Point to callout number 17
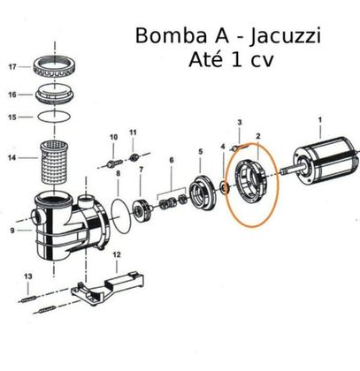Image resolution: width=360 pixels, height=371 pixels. pyautogui.click(x=11, y=67)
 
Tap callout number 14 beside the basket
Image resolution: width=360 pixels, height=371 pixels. pyautogui.click(x=11, y=158)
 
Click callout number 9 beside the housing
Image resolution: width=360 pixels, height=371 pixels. pyautogui.click(x=11, y=231)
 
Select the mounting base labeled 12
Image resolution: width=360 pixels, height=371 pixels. pyautogui.click(x=111, y=287)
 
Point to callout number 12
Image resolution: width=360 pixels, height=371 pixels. pyautogui.click(x=115, y=255)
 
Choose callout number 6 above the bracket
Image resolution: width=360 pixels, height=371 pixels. pyautogui.click(x=172, y=160)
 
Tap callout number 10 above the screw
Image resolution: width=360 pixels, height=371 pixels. pyautogui.click(x=112, y=138)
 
